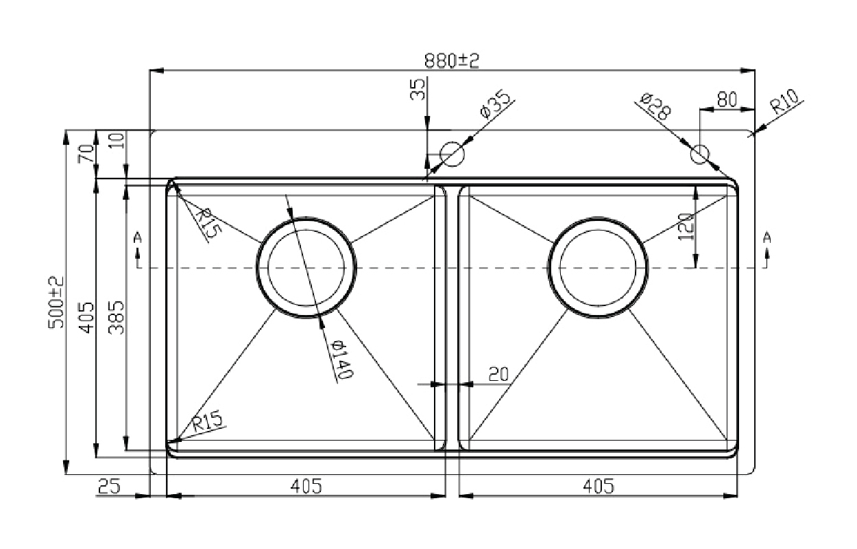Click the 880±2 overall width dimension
[x=451, y=61]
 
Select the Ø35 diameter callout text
[x=495, y=104]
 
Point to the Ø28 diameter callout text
[x=655, y=106]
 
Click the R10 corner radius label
[x=784, y=101]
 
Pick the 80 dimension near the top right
[x=727, y=100]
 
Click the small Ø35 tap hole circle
[x=452, y=154]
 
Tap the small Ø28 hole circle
[x=700, y=154]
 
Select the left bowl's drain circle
[x=306, y=218]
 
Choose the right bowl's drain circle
[x=598, y=218]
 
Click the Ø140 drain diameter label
[x=341, y=359]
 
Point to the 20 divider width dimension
[x=498, y=375]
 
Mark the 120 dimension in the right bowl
[x=685, y=226]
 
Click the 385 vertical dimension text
[x=117, y=318]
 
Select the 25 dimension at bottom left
[x=109, y=486]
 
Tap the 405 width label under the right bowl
[x=599, y=487]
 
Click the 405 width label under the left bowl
[x=306, y=487]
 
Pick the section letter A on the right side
[x=767, y=237]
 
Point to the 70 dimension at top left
[x=86, y=154]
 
